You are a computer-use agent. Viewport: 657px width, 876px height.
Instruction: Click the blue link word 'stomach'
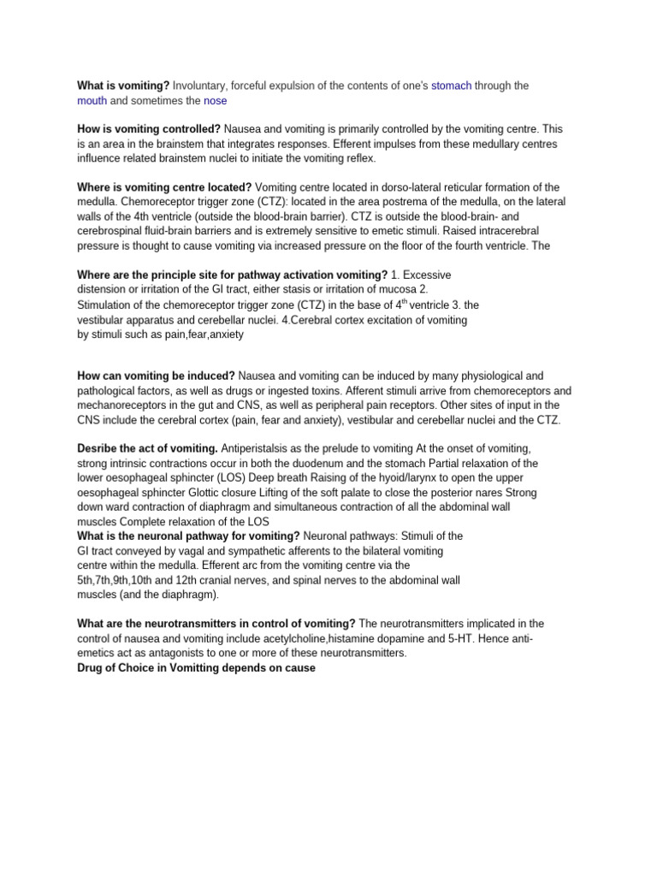451,86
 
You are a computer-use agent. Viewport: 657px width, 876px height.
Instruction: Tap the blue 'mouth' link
92,100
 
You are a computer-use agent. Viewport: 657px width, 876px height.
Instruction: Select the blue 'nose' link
215,100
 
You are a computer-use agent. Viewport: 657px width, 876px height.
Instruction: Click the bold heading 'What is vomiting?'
123,86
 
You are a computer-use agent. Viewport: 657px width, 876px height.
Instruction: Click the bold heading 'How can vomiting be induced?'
156,376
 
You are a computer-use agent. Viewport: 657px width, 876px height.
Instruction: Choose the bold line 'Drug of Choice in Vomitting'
196,667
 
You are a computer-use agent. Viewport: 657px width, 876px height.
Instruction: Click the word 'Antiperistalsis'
260,449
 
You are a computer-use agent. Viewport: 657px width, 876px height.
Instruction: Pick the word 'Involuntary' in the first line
201,86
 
